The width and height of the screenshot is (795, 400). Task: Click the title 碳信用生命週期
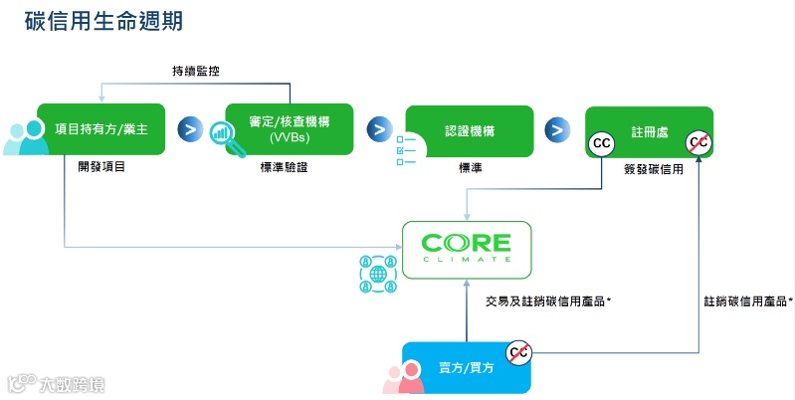pos(103,21)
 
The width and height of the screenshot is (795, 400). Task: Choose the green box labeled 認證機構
pos(471,130)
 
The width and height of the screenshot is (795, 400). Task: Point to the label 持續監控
pos(195,71)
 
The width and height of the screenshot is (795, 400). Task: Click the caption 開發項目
pos(101,167)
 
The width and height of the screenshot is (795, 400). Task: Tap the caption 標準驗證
pos(284,167)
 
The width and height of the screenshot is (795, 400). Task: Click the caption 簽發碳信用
pos(652,169)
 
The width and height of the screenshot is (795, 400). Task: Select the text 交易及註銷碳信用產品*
pos(547,300)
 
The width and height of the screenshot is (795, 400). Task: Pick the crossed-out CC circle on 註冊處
pos(698,143)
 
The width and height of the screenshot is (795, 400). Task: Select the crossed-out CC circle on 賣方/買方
pos(518,351)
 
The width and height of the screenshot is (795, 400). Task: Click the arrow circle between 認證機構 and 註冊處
pos(558,130)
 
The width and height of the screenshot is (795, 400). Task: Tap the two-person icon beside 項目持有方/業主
pos(26,137)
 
